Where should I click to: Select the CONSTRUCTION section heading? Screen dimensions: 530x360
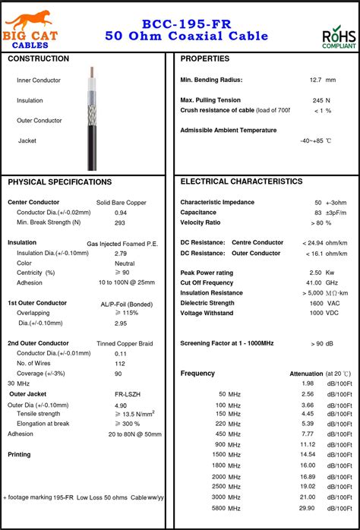point(38,59)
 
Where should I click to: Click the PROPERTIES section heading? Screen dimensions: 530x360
point(205,59)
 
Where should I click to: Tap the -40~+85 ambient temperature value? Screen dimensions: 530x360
point(315,140)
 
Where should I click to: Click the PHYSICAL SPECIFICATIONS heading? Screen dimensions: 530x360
point(60,182)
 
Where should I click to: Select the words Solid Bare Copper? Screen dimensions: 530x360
point(122,203)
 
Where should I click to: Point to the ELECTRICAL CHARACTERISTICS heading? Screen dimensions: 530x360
point(242,182)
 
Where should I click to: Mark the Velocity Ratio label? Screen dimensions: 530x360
point(201,222)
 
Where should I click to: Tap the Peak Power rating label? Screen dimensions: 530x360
point(207,273)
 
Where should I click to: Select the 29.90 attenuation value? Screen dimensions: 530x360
point(307,507)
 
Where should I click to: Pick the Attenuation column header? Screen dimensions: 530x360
point(307,374)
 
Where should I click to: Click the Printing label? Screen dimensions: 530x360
point(20,454)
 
